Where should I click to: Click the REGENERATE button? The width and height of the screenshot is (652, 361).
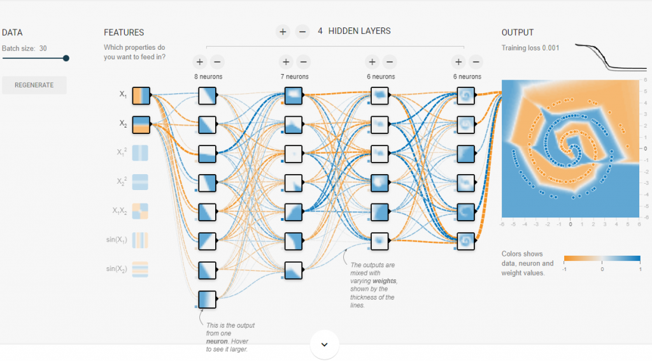coord(34,85)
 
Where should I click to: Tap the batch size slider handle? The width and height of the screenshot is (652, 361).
coord(66,58)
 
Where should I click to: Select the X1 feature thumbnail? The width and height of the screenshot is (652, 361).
coord(141,95)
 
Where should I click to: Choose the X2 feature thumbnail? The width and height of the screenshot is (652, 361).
coord(141,124)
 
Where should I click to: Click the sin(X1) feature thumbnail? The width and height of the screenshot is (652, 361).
coord(141,240)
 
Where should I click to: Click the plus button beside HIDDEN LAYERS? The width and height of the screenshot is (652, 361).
coord(283,31)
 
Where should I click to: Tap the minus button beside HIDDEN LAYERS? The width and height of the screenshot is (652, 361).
coord(302,31)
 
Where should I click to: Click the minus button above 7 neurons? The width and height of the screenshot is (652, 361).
coord(303,62)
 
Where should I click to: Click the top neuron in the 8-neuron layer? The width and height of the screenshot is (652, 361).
coord(208,95)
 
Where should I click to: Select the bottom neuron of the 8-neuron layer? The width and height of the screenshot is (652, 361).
coord(208,299)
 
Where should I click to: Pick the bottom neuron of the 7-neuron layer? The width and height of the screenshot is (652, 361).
coord(294,270)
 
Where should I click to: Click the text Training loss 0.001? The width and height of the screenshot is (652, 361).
coord(530,48)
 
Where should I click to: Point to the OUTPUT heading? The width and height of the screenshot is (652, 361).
coord(518,33)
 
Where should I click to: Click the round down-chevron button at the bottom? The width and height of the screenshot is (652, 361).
coord(324,344)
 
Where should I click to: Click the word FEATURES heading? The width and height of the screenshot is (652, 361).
coord(124,33)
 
